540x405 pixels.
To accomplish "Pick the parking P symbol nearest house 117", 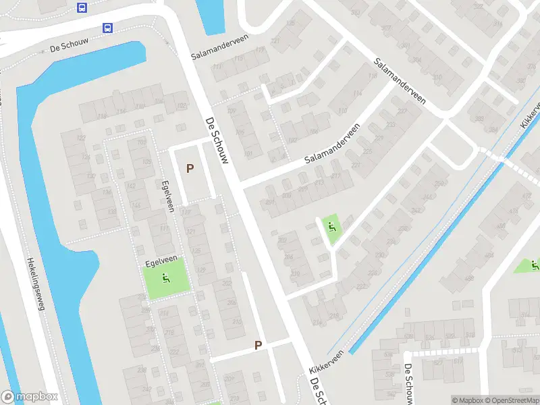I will (190, 168).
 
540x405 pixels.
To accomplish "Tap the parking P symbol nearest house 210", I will (258, 345).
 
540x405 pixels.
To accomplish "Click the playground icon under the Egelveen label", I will (166, 277).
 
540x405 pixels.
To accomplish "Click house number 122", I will (82, 138).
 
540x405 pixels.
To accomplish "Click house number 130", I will (90, 176).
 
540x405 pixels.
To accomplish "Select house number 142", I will (131, 186).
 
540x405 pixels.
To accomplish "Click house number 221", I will (356, 164).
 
